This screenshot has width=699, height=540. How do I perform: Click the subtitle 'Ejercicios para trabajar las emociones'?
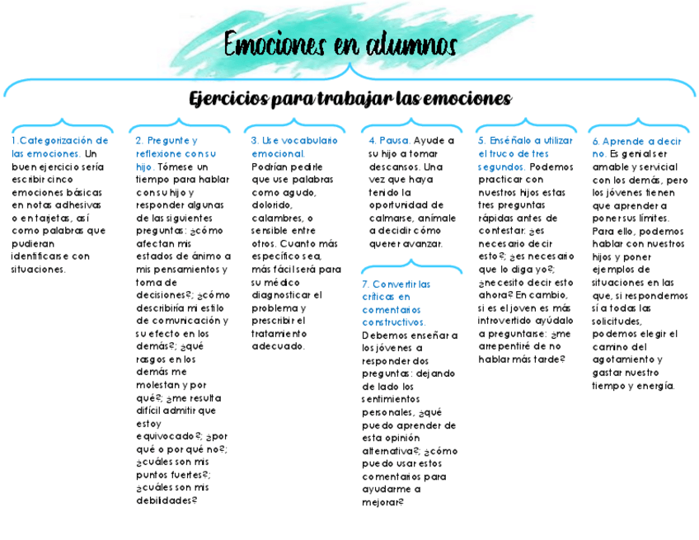pyautogui.click(x=350, y=99)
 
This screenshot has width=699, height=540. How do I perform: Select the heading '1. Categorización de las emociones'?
pyautogui.click(x=59, y=147)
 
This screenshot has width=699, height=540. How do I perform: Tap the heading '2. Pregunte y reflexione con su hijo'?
pyautogui.click(x=175, y=153)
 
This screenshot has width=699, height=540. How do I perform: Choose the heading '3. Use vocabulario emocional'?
pyautogui.click(x=294, y=147)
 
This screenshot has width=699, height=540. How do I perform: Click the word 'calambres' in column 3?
pyautogui.click(x=276, y=218)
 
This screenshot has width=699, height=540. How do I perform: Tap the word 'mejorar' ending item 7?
pyautogui.click(x=380, y=502)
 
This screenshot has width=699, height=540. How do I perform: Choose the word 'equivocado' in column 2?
pyautogui.click(x=167, y=436)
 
